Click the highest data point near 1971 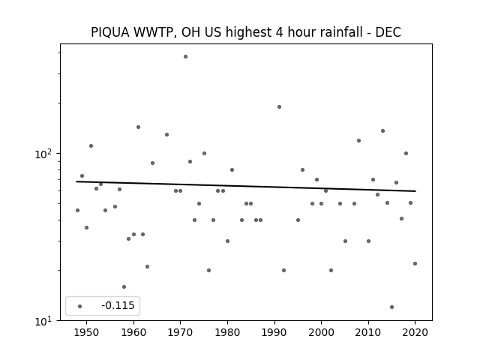tap(185, 57)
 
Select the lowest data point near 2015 tap(391, 307)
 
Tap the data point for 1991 tap(279, 106)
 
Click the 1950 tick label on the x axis tap(87, 332)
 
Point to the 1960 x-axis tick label tap(133, 332)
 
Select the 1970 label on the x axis tap(180, 332)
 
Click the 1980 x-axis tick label tap(227, 332)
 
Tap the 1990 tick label tap(274, 332)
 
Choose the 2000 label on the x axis tap(321, 332)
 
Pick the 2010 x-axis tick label tap(368, 332)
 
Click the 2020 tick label tap(415, 332)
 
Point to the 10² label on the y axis tap(43, 154)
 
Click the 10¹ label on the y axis tap(43, 321)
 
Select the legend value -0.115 tap(118, 305)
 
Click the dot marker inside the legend tap(80, 306)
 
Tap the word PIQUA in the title tap(110, 32)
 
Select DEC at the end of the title tap(388, 32)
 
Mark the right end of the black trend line tap(415, 191)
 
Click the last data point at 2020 tap(415, 263)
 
